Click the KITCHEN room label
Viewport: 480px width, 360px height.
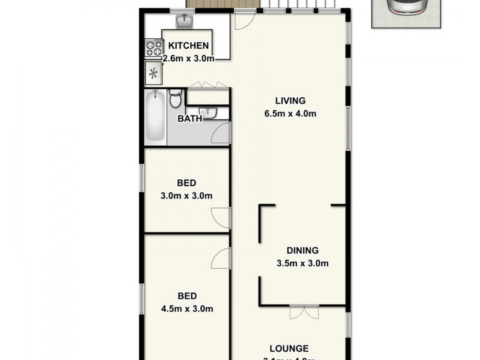tap(188, 46)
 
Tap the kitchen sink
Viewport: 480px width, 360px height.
tap(184, 22)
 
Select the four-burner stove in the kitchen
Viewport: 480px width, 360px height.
tap(154, 48)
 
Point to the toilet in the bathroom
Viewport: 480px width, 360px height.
tap(175, 98)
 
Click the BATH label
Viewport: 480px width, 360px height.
tap(190, 119)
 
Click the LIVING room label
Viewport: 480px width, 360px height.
tap(290, 100)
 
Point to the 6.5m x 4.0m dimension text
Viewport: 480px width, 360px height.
tap(290, 113)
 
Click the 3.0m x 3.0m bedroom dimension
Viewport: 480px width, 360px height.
tap(187, 196)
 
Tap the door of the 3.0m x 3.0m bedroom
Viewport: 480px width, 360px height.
tap(221, 217)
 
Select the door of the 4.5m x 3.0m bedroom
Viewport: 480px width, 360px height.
tap(221, 259)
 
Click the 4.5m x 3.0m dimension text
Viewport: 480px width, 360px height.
tap(187, 309)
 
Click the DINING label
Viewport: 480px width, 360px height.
tap(302, 251)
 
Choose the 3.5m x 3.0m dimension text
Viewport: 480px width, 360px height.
tap(302, 263)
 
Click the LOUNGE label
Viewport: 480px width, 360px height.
tap(289, 348)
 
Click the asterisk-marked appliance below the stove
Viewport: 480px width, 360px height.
tap(154, 73)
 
